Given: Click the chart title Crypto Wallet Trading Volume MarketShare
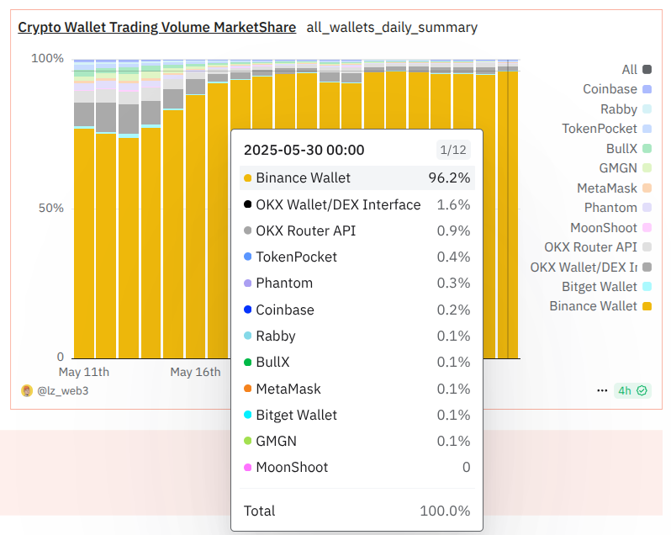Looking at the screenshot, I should click(157, 27).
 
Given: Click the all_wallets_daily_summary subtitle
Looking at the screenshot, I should click(392, 27).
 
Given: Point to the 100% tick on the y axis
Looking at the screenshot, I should click(47, 59).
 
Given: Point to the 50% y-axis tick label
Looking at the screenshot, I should click(50, 208).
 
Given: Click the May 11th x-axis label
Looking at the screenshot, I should click(83, 372).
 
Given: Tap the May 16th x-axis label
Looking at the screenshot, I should click(195, 372).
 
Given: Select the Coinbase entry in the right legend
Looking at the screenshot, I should click(610, 89).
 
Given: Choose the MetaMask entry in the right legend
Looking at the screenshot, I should click(607, 188).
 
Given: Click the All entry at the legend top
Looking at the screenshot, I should click(630, 70).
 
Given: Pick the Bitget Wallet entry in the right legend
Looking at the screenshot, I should click(600, 287).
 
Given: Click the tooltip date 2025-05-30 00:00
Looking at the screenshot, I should click(304, 150).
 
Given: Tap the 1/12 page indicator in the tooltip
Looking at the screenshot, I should click(452, 150).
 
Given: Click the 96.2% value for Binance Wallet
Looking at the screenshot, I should click(449, 177).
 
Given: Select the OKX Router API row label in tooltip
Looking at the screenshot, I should click(305, 230).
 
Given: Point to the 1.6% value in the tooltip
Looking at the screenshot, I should click(453, 204).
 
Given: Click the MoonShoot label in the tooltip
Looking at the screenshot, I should click(292, 467).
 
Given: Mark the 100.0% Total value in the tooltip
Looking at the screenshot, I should click(445, 511).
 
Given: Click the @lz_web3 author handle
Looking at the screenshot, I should click(61, 391).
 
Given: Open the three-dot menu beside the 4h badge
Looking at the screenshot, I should click(602, 390).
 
